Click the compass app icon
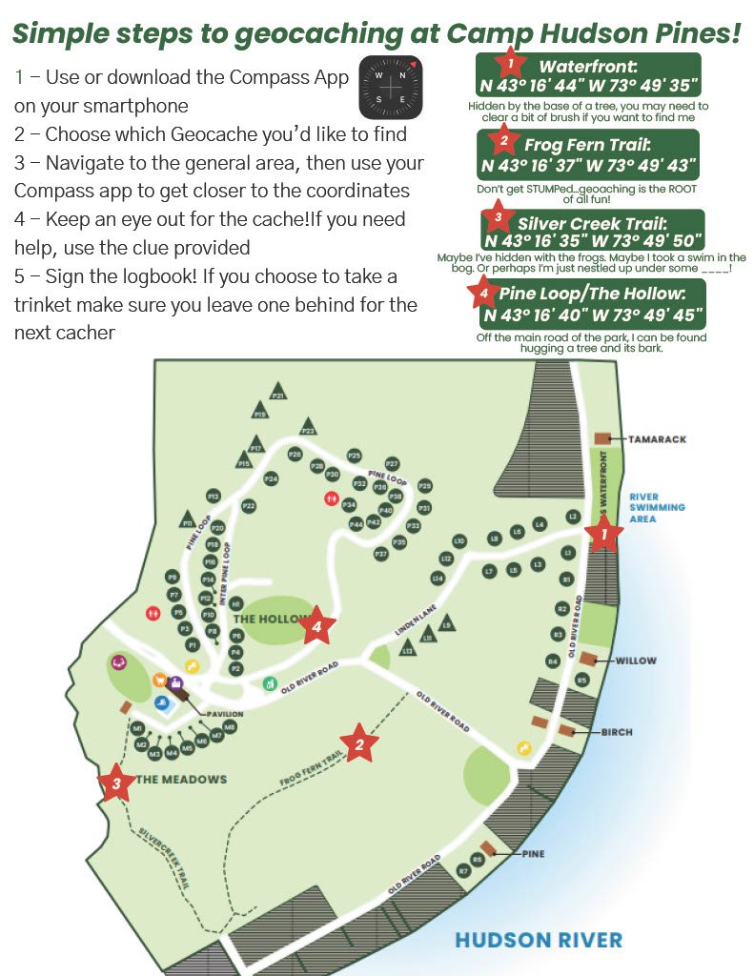click(391, 84)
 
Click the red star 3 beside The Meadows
click(116, 783)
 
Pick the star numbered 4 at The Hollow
click(318, 626)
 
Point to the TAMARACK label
click(658, 439)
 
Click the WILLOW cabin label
click(636, 661)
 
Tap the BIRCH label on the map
click(618, 732)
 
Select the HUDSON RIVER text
click(539, 940)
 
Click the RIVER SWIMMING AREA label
click(657, 507)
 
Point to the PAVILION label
click(221, 713)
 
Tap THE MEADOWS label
click(182, 780)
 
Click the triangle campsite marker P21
click(278, 393)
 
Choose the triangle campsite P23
click(308, 427)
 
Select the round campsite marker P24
click(271, 478)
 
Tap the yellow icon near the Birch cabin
click(522, 748)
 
